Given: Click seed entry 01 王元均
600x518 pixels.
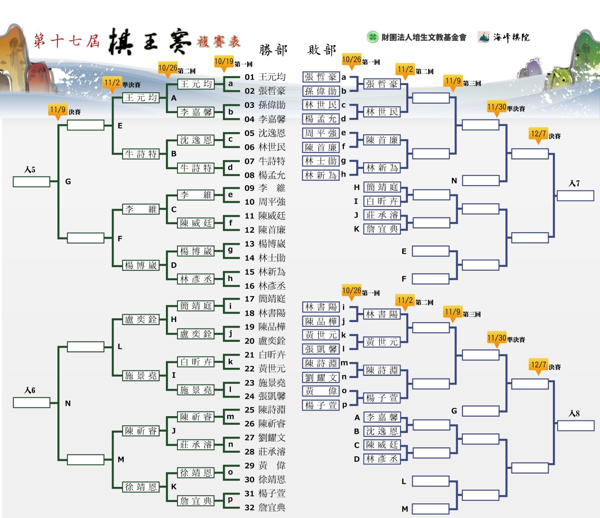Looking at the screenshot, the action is pos(265,77).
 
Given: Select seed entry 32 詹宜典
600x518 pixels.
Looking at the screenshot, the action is pos(265,507).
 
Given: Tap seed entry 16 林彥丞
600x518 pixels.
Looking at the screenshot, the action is pos(265,286).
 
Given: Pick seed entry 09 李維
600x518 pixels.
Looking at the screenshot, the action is pos(265,188).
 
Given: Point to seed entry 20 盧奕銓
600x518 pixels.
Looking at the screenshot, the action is pos(265,341).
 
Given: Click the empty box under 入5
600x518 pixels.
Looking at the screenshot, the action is pos(32,182).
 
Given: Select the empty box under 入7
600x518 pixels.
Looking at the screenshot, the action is pos(575,196).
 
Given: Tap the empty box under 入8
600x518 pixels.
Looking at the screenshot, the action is pos(576,426).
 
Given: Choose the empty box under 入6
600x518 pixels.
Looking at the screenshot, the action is pos(32,403).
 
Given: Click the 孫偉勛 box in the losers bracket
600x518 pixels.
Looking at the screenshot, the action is pos(321,91).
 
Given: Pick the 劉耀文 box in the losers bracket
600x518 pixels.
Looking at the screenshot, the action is pos(321,377).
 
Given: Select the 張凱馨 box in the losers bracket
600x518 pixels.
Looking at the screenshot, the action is pos(321,349).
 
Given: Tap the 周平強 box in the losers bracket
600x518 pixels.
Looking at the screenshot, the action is pos(321,133).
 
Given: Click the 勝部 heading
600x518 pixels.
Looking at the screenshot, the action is pos(273,50).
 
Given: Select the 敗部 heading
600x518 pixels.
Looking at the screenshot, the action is pos(321,50).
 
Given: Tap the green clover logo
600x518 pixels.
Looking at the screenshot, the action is pos(372,37).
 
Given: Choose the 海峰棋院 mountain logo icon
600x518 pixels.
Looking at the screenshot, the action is pos(484,37).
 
